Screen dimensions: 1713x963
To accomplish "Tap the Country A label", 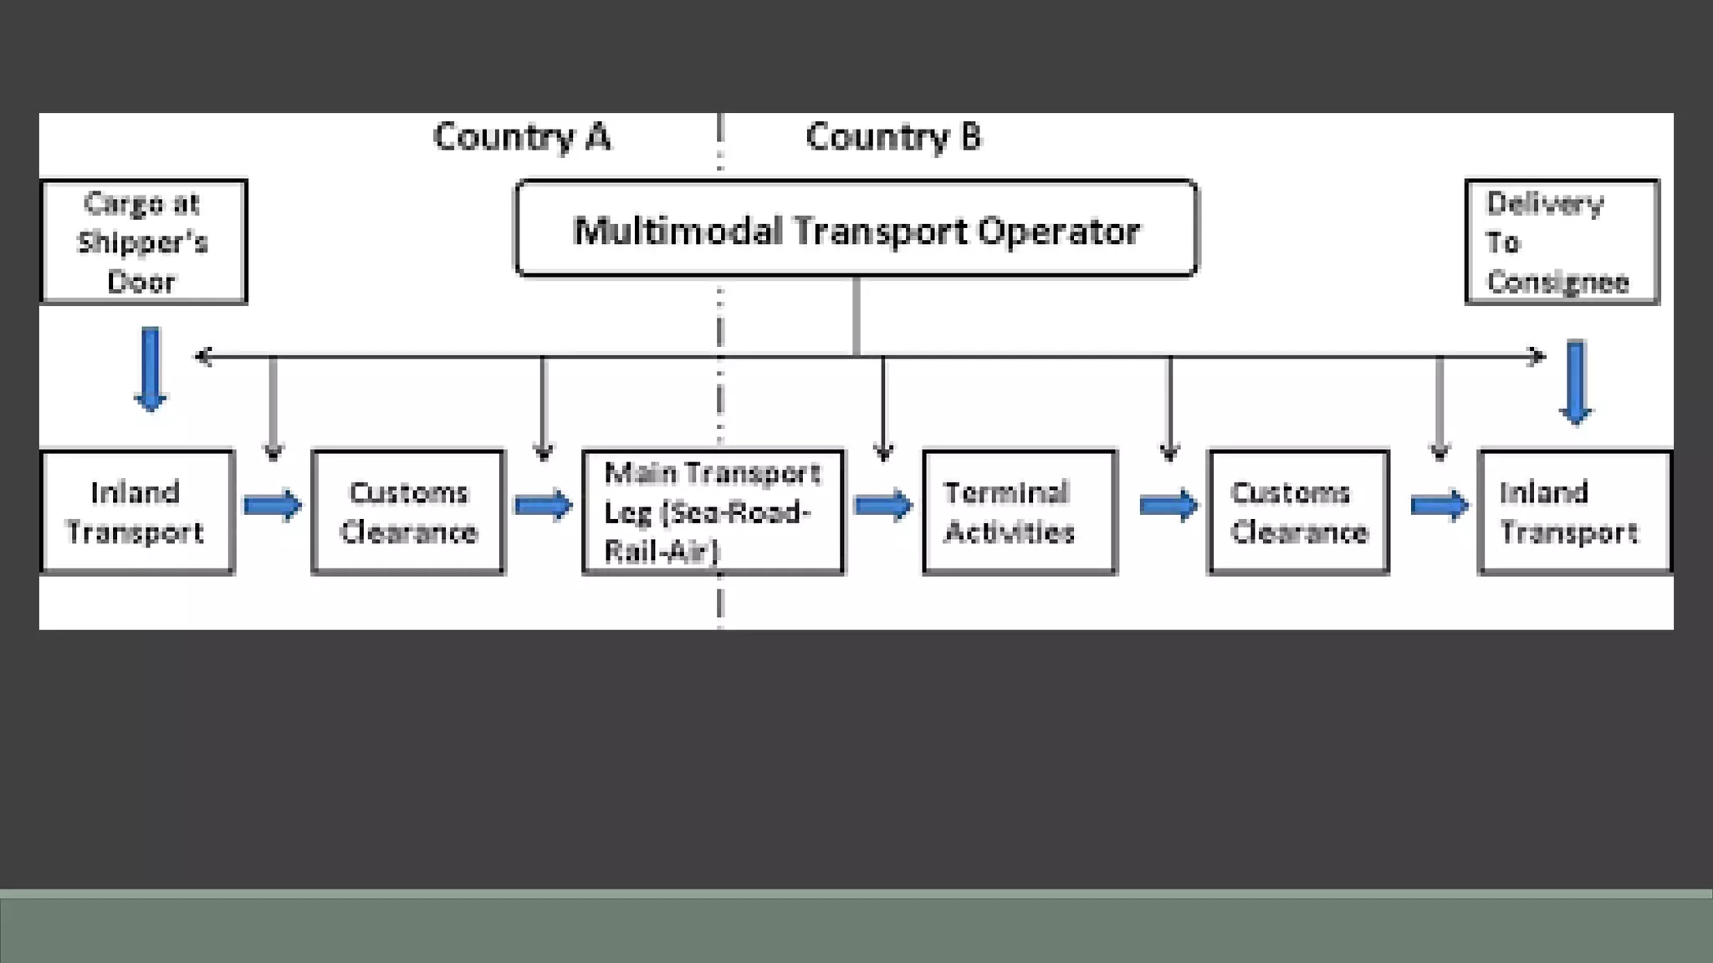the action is click(522, 137).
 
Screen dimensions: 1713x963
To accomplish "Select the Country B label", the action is click(893, 137).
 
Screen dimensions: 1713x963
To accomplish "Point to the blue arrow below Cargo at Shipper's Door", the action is click(151, 369).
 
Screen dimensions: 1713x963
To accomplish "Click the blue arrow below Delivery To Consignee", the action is click(1576, 382).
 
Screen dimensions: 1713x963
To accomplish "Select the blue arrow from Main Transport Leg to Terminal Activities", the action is click(883, 506).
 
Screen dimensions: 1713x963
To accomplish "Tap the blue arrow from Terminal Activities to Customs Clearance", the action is click(1168, 506).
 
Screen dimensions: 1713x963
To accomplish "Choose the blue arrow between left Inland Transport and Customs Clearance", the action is click(273, 506).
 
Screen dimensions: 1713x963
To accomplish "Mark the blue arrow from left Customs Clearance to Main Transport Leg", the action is click(544, 506).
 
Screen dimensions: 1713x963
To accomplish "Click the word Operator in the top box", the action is click(1058, 232).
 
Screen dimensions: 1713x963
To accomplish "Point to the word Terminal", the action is click(1006, 492).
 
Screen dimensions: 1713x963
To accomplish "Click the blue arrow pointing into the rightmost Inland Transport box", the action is click(1439, 506).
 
